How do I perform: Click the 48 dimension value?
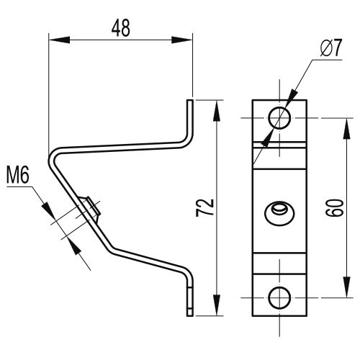[x=121, y=28]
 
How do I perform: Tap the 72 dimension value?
[x=204, y=207]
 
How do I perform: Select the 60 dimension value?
[x=335, y=207]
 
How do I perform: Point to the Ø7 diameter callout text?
[x=331, y=48]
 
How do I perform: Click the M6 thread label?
[x=18, y=176]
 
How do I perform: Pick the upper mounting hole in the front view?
[x=279, y=118]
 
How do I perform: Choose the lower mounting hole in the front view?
[x=279, y=297]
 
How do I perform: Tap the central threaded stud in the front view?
[x=279, y=213]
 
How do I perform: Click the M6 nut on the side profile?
[x=91, y=208]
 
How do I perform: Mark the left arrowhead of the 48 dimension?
[x=59, y=40]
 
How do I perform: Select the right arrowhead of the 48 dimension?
[x=182, y=40]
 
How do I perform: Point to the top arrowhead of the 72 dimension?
[x=217, y=111]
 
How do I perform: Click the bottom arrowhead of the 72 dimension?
[x=217, y=305]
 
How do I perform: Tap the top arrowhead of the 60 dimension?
[x=346, y=129]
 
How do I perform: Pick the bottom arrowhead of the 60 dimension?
[x=346, y=287]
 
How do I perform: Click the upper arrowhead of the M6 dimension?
[x=49, y=210]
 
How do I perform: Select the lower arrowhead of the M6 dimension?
[x=74, y=246]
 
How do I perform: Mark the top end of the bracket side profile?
[x=190, y=100]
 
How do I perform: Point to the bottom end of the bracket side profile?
[x=190, y=315]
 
